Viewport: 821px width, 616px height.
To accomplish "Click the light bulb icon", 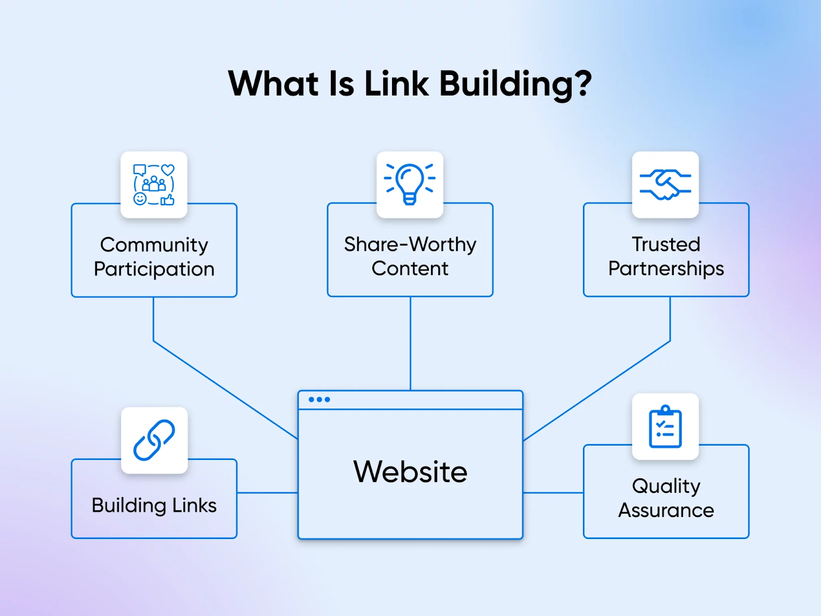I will click(410, 184).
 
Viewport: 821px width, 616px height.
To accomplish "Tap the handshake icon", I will click(665, 184).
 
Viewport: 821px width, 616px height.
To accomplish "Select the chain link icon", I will click(154, 440).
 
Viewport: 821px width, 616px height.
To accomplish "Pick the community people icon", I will click(154, 184).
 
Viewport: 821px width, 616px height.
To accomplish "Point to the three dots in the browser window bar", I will click(319, 399).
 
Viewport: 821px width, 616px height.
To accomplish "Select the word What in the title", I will click(273, 83).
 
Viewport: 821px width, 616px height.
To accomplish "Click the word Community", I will click(154, 245).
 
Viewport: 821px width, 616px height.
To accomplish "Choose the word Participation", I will click(154, 269).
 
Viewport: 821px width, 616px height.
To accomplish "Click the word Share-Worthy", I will click(410, 244).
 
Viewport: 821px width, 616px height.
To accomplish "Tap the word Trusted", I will click(666, 244).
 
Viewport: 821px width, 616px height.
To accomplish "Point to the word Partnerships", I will click(666, 268).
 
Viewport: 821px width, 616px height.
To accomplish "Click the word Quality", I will click(666, 486).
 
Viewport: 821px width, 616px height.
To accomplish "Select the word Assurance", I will click(666, 510).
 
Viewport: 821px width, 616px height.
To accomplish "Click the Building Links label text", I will click(154, 505).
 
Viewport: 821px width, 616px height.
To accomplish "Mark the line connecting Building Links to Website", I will click(267, 493).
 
